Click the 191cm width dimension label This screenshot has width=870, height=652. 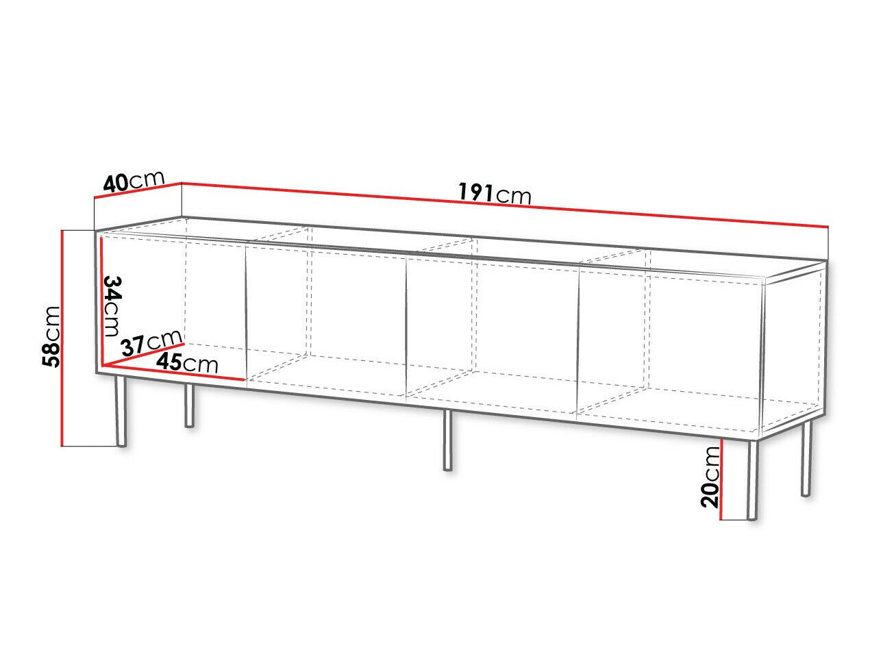tap(494, 194)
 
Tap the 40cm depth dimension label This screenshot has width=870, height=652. tap(133, 181)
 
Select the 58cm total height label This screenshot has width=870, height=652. tap(51, 336)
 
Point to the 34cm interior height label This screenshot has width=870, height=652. tap(111, 306)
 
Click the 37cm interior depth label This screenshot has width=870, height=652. tap(151, 342)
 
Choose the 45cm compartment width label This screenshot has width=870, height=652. tap(187, 362)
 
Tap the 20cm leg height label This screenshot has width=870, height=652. tap(710, 478)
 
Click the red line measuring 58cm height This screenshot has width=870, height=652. tap(62, 338)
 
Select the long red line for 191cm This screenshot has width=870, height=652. tap(505, 204)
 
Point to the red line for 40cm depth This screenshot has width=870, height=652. tap(138, 190)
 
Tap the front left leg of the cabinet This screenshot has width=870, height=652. tap(121, 411)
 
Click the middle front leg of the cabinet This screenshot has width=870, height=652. tap(447, 440)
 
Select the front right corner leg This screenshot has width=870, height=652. tap(752, 479)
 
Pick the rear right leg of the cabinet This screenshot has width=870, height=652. tap(806, 459)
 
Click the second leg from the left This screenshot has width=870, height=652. tap(190, 405)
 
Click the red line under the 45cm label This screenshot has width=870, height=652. tap(173, 373)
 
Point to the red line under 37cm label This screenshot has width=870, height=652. tap(142, 353)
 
